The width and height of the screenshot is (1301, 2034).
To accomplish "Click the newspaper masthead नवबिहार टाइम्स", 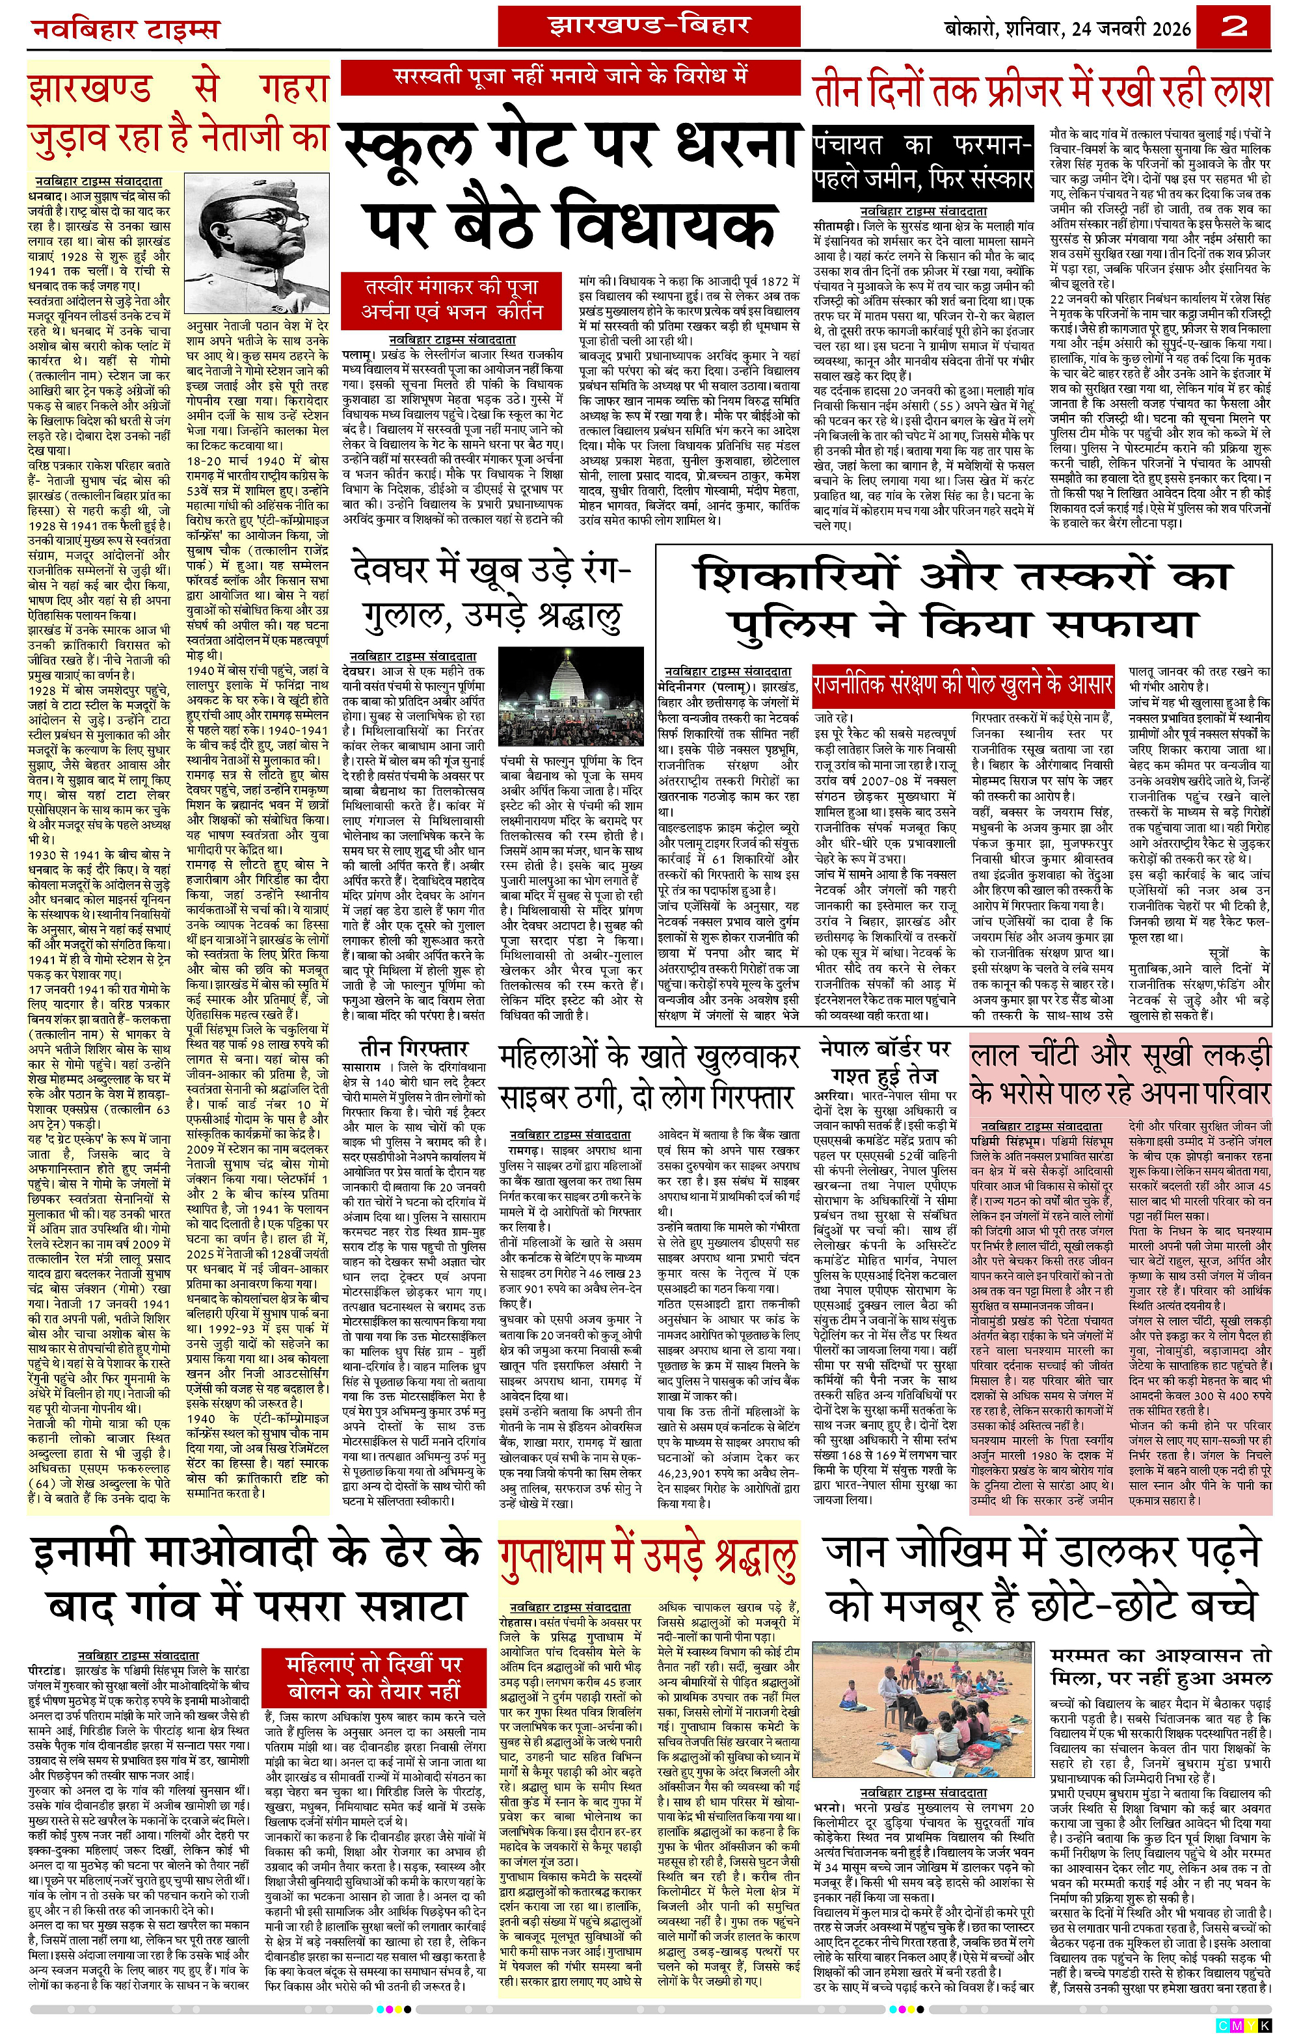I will (x=125, y=31).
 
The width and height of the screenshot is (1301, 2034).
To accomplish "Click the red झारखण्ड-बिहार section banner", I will (x=649, y=26).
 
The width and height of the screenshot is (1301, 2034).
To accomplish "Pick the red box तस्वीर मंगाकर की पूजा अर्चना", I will (x=451, y=299).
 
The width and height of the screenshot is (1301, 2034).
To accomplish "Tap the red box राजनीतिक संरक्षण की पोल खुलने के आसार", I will (x=963, y=683).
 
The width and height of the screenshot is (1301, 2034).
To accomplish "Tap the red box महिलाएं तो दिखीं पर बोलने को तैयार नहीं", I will (x=373, y=1678).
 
